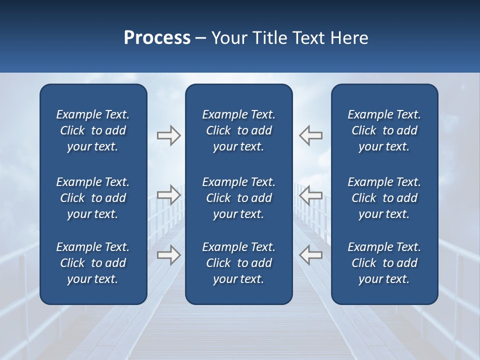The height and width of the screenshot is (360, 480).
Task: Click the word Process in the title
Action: (157, 38)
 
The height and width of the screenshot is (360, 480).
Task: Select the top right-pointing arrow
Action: (169, 135)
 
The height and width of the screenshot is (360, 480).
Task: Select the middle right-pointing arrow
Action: (169, 195)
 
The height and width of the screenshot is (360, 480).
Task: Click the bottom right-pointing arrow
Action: (169, 255)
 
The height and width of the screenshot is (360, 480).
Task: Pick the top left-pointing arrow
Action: (310, 135)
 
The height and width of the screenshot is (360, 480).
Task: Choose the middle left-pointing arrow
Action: (310, 195)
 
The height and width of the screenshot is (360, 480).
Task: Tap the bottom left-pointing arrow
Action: (310, 255)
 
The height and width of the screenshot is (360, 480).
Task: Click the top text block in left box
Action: (93, 130)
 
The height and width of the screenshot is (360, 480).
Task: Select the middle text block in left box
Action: (93, 198)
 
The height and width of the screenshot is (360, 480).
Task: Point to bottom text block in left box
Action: (93, 263)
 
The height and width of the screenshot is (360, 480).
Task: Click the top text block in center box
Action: (238, 130)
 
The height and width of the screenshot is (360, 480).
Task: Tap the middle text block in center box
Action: (238, 198)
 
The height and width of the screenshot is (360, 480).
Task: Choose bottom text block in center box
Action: (238, 263)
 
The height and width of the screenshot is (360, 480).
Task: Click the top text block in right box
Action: (384, 130)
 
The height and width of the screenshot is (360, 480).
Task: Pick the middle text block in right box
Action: (384, 198)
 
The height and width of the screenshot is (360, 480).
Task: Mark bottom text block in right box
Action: (384, 263)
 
